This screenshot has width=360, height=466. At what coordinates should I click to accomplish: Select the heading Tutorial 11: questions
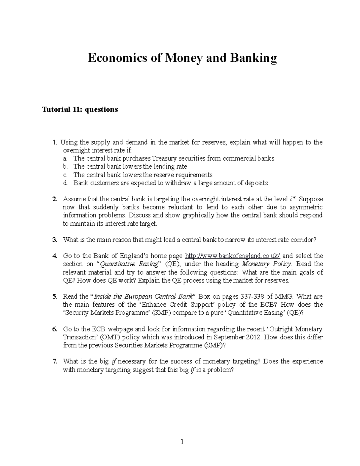[x=80, y=110]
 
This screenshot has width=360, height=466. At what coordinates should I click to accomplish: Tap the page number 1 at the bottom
[x=182, y=441]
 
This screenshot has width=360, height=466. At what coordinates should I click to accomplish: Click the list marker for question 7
[x=55, y=362]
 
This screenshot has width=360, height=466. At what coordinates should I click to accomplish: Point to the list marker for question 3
[x=55, y=240]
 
